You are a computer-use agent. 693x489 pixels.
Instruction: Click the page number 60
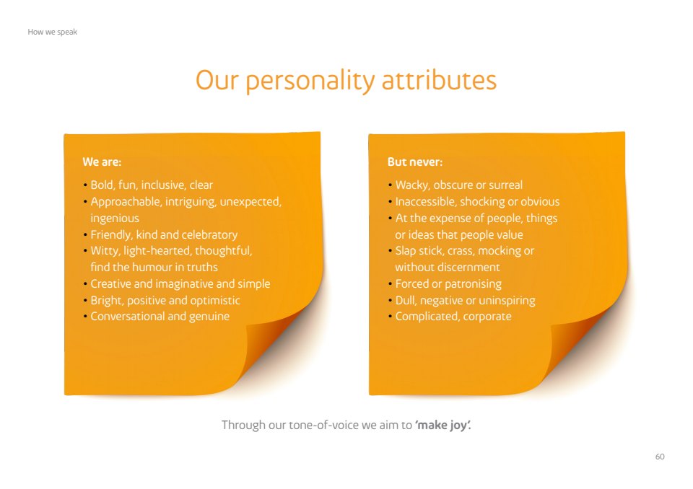[x=659, y=457]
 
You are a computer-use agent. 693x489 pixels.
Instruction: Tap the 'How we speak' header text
[x=52, y=32]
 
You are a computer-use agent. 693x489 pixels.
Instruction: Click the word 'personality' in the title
[x=310, y=81]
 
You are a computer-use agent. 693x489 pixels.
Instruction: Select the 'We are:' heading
[x=102, y=162]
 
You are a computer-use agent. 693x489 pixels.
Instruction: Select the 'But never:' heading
[x=414, y=162]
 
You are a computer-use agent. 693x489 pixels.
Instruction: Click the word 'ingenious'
[x=115, y=219]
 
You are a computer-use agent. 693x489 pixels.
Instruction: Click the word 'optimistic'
[x=215, y=300]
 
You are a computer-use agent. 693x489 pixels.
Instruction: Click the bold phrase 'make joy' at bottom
[x=441, y=426]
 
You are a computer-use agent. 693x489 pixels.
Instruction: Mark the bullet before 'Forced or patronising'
[x=391, y=284]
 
